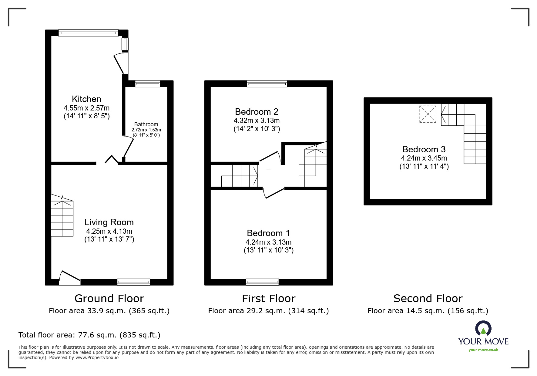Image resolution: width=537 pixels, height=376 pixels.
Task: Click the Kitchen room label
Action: pyautogui.click(x=86, y=99)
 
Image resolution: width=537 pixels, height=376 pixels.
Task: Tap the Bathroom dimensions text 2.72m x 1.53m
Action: pyautogui.click(x=146, y=130)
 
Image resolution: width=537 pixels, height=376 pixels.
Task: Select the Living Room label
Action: pyautogui.click(x=109, y=222)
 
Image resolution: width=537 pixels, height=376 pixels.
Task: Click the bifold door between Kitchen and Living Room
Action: pyautogui.click(x=112, y=160)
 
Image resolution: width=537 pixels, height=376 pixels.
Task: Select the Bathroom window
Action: pyautogui.click(x=148, y=83)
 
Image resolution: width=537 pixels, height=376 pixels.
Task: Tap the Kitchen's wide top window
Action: pyautogui.click(x=88, y=33)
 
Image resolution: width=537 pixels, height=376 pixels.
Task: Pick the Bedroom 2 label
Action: pyautogui.click(x=257, y=112)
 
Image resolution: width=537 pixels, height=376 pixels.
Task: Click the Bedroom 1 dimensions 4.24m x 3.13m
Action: pyautogui.click(x=268, y=242)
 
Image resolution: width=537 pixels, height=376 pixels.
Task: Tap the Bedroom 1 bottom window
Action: pyautogui.click(x=262, y=282)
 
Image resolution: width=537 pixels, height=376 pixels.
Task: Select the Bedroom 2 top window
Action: pyautogui.click(x=267, y=83)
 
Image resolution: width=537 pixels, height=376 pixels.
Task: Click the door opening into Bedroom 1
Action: pyautogui.click(x=274, y=193)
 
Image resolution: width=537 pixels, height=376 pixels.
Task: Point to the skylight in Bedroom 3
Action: pyautogui.click(x=428, y=114)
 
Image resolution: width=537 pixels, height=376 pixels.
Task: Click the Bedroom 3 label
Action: pyautogui.click(x=424, y=149)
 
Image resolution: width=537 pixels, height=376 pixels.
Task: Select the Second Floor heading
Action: pyautogui.click(x=428, y=299)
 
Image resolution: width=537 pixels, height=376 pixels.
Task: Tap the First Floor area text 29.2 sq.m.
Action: pyautogui.click(x=268, y=311)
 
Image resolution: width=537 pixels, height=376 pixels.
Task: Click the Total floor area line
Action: pyautogui.click(x=89, y=335)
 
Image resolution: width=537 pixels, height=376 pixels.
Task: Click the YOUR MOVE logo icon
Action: pyautogui.click(x=483, y=328)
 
